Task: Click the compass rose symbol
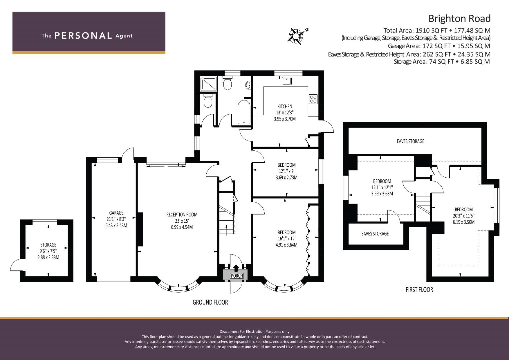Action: pos(295,36)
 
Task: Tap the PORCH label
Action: pos(237,276)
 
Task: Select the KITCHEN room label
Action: pos(285,106)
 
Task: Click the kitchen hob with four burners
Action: pos(313,99)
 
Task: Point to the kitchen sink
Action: pos(287,81)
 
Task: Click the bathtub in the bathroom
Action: pos(244,112)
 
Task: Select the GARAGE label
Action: pos(116,213)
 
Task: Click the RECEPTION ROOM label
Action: pos(182,215)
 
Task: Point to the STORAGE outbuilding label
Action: pos(48,245)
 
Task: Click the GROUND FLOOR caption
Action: pos(210,302)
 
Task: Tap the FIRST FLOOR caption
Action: pos(419,290)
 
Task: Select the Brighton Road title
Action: pos(459,19)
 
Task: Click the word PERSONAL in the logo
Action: pos(83,36)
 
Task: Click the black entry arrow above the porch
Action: pos(236,268)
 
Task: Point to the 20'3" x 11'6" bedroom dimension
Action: pos(464,216)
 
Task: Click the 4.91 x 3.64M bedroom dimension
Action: pos(286,245)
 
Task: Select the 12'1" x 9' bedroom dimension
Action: pos(286,171)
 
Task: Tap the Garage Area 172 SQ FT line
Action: pos(439,46)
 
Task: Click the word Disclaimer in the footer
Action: pos(229,332)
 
